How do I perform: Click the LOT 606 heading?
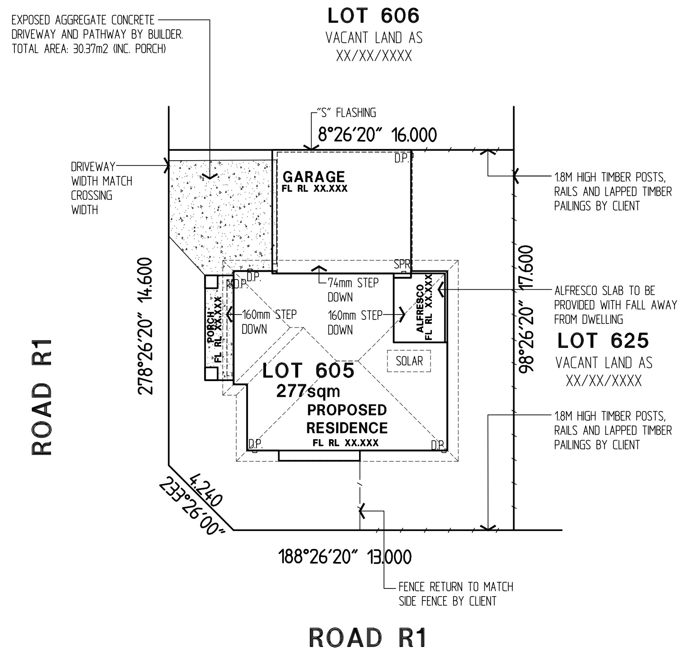tap(373, 16)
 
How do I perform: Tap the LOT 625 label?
tap(603, 341)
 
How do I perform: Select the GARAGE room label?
tap(314, 176)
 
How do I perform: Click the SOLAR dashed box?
tap(409, 361)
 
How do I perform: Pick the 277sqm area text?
tap(308, 391)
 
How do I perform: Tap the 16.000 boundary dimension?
tap(414, 135)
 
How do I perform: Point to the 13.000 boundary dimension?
tap(389, 557)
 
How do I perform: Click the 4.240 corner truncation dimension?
tap(206, 490)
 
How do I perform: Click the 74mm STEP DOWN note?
tap(353, 290)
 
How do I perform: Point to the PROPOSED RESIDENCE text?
tap(347, 418)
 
